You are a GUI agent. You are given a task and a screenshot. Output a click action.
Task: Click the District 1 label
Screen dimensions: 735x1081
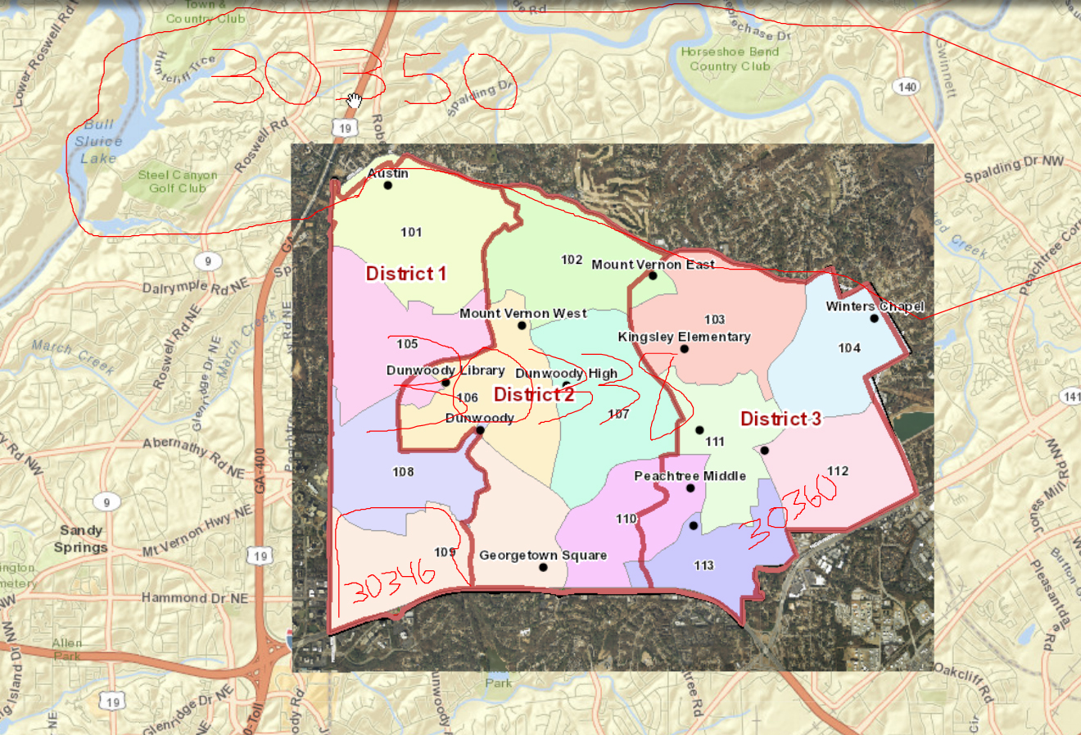click(406, 274)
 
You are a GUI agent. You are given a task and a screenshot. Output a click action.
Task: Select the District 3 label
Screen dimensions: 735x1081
click(780, 419)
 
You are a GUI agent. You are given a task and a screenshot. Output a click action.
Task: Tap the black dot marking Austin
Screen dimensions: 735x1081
click(388, 185)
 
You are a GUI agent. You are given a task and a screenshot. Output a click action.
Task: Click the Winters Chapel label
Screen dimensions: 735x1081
click(875, 306)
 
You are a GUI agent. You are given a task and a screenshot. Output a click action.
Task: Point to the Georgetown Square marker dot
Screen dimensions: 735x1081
click(543, 567)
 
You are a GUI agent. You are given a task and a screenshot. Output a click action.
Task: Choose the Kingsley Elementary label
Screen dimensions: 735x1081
click(684, 337)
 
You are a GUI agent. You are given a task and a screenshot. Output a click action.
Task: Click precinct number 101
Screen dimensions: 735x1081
click(411, 232)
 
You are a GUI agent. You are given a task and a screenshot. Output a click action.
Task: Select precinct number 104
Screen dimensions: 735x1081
click(849, 348)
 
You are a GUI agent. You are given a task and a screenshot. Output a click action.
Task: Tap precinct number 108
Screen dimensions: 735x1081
click(403, 472)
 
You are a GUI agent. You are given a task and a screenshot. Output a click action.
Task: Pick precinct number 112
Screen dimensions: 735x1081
click(838, 471)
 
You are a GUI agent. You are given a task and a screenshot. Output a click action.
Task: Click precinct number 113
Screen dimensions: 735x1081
click(703, 565)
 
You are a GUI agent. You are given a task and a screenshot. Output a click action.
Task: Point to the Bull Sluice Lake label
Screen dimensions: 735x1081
click(99, 141)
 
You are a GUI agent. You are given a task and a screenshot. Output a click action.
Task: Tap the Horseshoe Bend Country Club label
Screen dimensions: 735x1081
click(730, 59)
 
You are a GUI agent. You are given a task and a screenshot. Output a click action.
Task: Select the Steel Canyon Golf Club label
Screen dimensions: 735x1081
click(177, 181)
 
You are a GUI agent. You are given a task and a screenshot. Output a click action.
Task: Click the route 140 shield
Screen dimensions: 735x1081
click(907, 87)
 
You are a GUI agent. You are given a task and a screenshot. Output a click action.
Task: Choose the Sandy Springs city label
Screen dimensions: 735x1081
click(81, 539)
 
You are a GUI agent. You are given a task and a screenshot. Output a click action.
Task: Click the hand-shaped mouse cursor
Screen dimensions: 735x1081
click(354, 100)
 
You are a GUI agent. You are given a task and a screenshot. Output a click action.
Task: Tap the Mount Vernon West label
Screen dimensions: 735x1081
click(522, 313)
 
